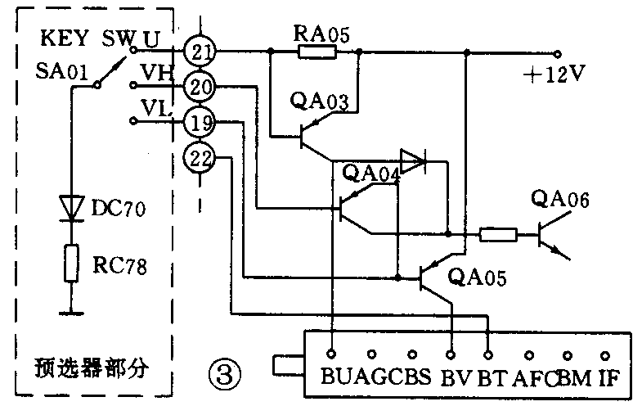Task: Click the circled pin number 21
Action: [x=198, y=52]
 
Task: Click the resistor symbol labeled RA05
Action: [x=317, y=52]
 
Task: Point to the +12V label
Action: [x=556, y=74]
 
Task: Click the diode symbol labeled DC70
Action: [x=72, y=208]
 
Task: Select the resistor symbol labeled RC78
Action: [x=72, y=264]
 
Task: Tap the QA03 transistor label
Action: [x=318, y=101]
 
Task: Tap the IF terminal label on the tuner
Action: [x=610, y=379]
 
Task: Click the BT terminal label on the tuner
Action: [x=492, y=379]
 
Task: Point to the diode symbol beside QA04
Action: [x=414, y=161]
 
